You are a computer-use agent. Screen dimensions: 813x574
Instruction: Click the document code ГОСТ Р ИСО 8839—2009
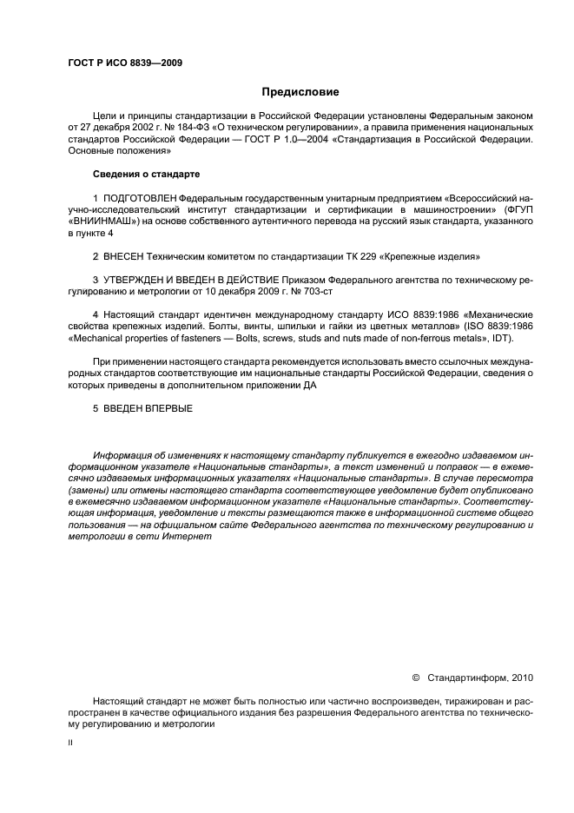pos(124,63)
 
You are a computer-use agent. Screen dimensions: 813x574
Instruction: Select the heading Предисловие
pos(300,91)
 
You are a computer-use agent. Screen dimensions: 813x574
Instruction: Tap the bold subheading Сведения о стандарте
pos(146,174)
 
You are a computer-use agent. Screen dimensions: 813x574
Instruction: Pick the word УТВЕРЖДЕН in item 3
pos(139,281)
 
